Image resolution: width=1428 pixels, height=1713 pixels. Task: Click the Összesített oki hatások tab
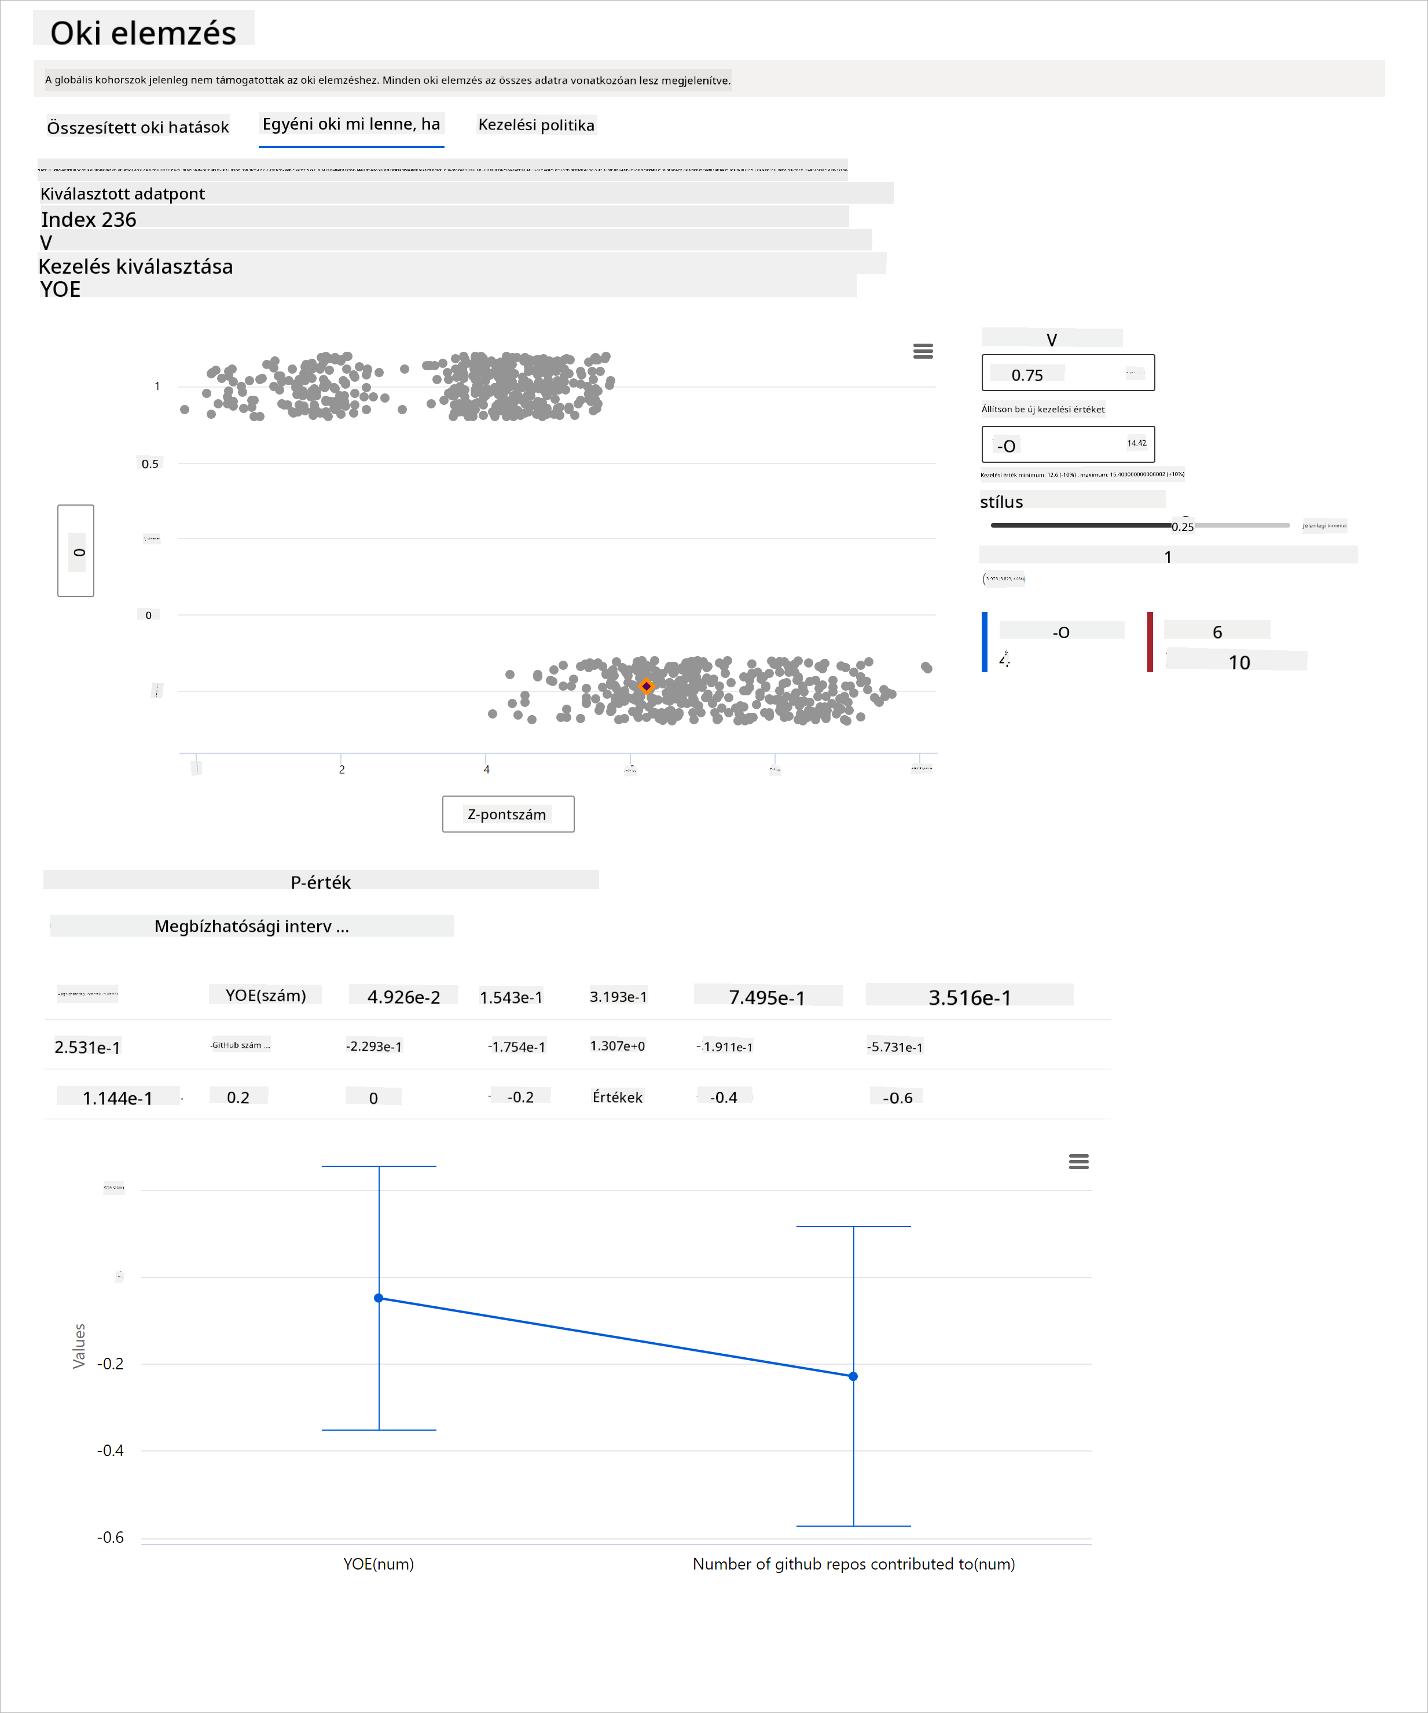pos(138,127)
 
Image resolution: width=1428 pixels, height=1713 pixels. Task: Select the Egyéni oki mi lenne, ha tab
pos(351,125)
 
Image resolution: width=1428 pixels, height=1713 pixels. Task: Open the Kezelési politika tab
pos(536,125)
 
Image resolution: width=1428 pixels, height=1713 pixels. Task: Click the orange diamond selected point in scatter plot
pos(646,686)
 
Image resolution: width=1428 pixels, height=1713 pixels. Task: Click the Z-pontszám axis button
pos(508,814)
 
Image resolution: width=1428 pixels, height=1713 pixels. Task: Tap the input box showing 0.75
pos(1067,374)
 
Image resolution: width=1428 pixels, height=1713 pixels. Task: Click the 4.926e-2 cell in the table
pos(403,997)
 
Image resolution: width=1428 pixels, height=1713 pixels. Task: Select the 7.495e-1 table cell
pos(766,997)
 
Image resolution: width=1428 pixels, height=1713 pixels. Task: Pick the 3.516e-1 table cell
pos(970,997)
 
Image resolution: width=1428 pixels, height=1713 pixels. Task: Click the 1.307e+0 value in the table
pos(618,1046)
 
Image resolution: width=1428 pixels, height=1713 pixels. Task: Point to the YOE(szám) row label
pos(265,995)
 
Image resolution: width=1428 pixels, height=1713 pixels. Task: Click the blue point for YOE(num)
pos(379,1298)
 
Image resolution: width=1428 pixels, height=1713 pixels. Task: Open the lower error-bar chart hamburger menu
pos(1078,1162)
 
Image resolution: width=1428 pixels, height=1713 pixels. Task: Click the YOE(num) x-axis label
pos(379,1564)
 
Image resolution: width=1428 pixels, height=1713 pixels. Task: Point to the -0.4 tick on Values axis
pos(110,1450)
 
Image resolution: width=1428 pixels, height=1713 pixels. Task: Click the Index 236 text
pos(89,219)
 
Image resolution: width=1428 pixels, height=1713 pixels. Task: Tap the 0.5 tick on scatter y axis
pos(150,464)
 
